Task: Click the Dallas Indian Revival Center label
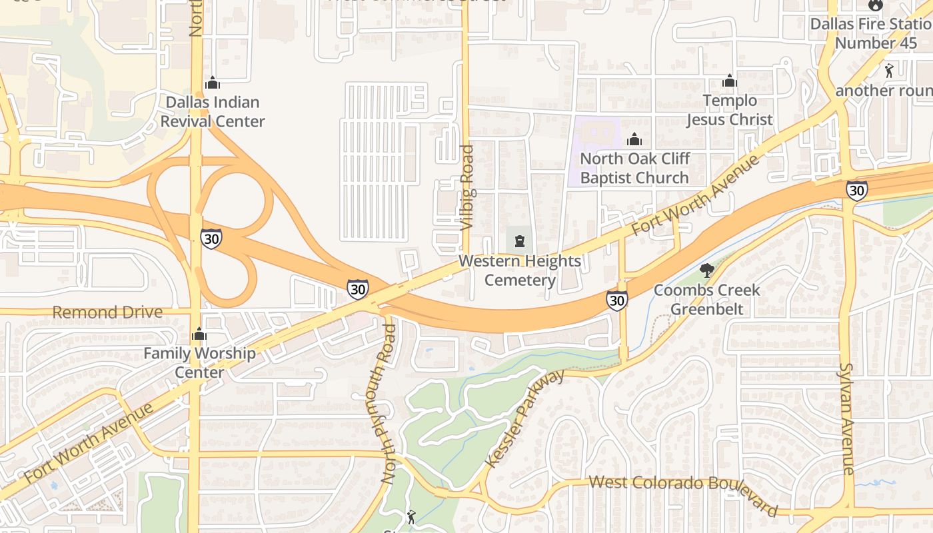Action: click(213, 112)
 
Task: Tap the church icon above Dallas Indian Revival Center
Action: click(213, 83)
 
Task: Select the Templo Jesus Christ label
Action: click(730, 110)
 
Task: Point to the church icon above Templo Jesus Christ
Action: click(730, 81)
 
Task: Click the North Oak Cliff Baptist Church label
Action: click(634, 169)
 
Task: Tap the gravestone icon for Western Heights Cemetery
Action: click(520, 241)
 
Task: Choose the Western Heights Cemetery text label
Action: click(520, 270)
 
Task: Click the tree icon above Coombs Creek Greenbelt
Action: click(706, 270)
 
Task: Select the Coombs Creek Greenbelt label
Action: click(706, 300)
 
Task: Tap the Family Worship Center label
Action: click(199, 362)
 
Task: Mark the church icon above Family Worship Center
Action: click(199, 334)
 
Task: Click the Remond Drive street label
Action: click(107, 312)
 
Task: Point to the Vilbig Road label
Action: click(468, 189)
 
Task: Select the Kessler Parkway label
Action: click(526, 418)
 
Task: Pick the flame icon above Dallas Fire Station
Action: click(875, 5)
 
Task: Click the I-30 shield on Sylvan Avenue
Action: click(857, 191)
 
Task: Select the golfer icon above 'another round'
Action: click(889, 70)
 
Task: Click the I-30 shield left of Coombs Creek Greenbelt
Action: click(617, 300)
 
